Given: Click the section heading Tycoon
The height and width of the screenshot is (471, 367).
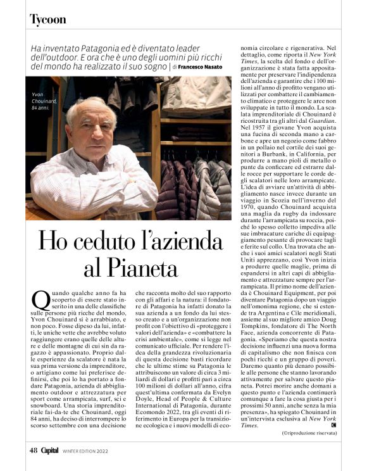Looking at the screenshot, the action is [x=47, y=20].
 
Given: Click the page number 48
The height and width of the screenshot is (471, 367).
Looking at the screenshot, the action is [x=33, y=451].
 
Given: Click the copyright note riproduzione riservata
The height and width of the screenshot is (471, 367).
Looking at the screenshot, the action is [x=309, y=432].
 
